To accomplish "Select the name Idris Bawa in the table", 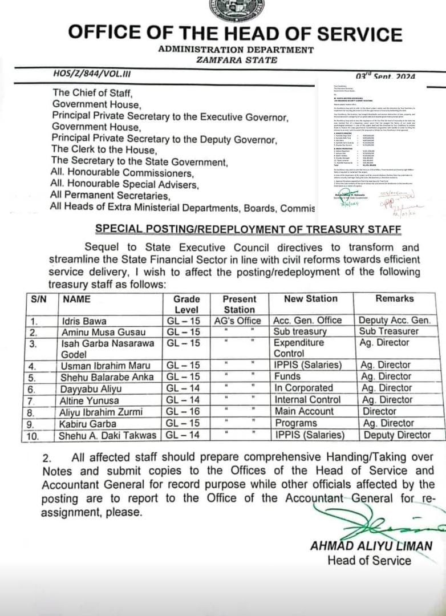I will coord(84,321).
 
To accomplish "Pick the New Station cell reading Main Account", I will coord(304,411).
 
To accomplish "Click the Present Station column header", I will coord(239,304).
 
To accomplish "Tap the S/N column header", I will coord(38,299).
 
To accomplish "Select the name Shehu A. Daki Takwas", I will coord(108,435).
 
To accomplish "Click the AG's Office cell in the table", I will coord(238,321).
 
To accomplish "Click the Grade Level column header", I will coord(186,304).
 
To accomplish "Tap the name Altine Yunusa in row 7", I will coord(88,400).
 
